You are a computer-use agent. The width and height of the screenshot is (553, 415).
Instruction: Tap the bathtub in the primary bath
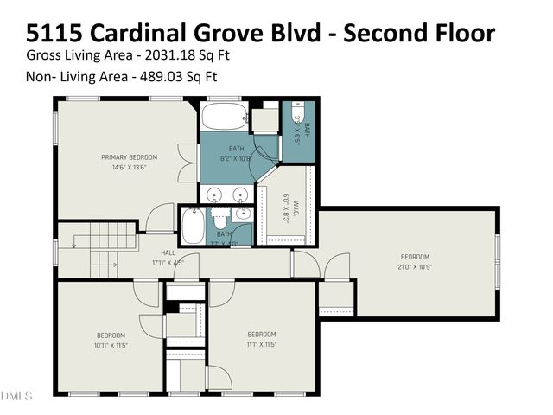click(x=225, y=118)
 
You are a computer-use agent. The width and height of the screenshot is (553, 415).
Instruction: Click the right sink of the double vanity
click(x=243, y=194)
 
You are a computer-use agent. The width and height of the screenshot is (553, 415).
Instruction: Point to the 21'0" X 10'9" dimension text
click(x=414, y=266)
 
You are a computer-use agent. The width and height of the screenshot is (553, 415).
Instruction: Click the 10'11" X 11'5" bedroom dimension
click(x=111, y=344)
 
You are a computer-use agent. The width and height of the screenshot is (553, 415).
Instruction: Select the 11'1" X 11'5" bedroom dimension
click(x=261, y=344)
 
